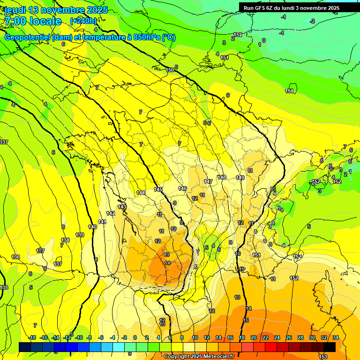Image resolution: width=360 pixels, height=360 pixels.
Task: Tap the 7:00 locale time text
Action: click(33, 21)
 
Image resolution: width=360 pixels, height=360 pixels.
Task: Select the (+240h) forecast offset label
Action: click(83, 21)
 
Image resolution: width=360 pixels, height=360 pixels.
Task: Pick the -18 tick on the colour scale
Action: click(31, 337)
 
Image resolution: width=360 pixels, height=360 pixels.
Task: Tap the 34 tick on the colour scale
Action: click(336, 337)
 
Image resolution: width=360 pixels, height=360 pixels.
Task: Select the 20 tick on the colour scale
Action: click(253, 337)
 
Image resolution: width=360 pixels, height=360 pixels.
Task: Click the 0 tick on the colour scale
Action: click(135, 337)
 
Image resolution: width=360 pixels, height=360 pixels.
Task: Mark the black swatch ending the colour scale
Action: click(330, 347)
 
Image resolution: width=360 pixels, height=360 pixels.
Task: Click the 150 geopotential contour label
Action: click(170, 70)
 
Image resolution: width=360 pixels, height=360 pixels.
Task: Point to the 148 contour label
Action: click(222, 177)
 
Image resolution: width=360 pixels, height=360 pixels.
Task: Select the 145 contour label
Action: click(158, 189)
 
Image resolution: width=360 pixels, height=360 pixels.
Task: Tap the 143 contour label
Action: click(122, 207)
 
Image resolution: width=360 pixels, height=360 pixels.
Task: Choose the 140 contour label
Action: click(92, 227)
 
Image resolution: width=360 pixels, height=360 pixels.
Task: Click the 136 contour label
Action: click(16, 257)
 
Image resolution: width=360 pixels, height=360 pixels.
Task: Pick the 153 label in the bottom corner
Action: click(323, 357)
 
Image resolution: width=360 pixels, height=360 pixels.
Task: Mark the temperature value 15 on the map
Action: click(246, 320)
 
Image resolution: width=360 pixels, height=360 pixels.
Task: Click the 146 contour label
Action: click(182, 188)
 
